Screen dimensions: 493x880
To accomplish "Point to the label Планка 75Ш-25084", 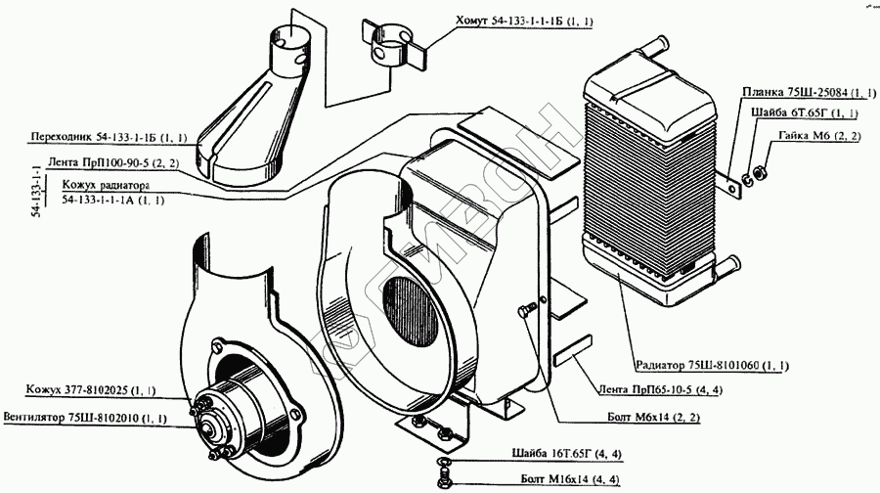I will [807, 93].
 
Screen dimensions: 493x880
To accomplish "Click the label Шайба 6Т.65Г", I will [813, 114].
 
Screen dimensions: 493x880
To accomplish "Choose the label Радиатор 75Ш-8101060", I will [710, 365].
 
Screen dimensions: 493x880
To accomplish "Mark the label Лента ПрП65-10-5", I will [651, 388].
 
